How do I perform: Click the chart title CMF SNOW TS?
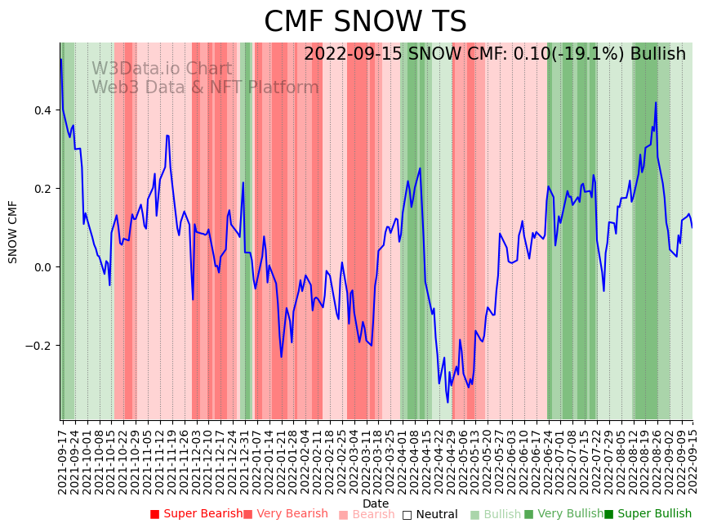click(365, 22)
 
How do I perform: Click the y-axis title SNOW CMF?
click(12, 231)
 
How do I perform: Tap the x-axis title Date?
click(376, 503)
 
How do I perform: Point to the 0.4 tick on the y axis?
click(46, 110)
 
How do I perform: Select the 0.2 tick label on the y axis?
click(46, 189)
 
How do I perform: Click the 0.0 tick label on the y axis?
click(46, 267)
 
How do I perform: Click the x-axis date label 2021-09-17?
click(62, 458)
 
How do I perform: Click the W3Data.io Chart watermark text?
click(162, 69)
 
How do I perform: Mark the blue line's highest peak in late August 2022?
click(656, 103)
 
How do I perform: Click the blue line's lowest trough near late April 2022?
click(448, 402)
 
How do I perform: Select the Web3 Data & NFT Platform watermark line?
click(205, 87)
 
